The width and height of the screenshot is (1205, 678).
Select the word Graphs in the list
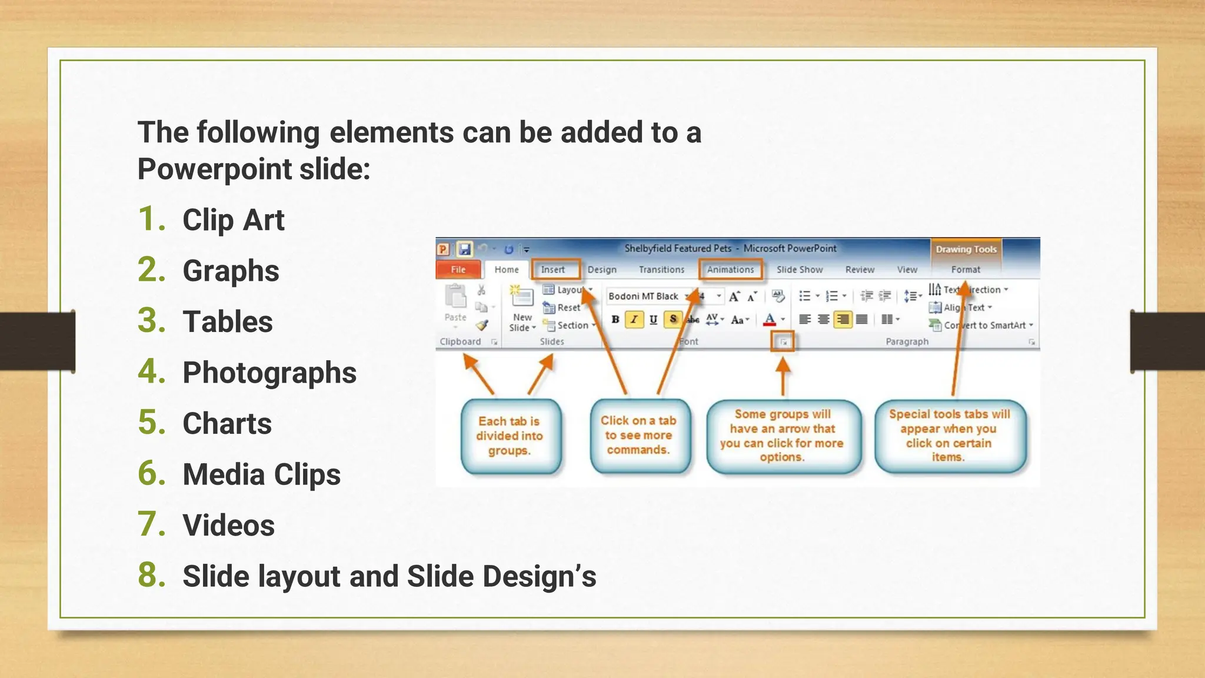click(x=231, y=271)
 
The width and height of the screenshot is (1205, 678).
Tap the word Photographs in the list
click(x=269, y=373)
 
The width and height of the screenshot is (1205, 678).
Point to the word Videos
click(x=228, y=525)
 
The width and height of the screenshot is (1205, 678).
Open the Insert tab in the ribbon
click(x=553, y=270)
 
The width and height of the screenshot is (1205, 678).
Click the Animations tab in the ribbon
click(x=730, y=270)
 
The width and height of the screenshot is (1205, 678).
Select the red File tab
click(x=458, y=270)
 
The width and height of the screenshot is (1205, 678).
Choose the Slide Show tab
click(x=799, y=270)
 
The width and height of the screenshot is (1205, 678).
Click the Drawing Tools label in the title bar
click(x=966, y=249)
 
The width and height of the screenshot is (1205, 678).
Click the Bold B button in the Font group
click(x=615, y=320)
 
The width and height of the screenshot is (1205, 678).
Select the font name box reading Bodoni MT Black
click(x=644, y=296)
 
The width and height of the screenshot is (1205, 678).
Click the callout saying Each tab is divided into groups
click(x=510, y=436)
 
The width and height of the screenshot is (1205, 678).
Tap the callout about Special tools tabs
click(x=949, y=436)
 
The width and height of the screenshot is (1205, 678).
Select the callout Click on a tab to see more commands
click(x=638, y=436)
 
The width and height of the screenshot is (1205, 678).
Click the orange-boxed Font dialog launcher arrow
click(x=783, y=342)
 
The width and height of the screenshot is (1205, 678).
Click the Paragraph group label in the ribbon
click(x=907, y=341)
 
